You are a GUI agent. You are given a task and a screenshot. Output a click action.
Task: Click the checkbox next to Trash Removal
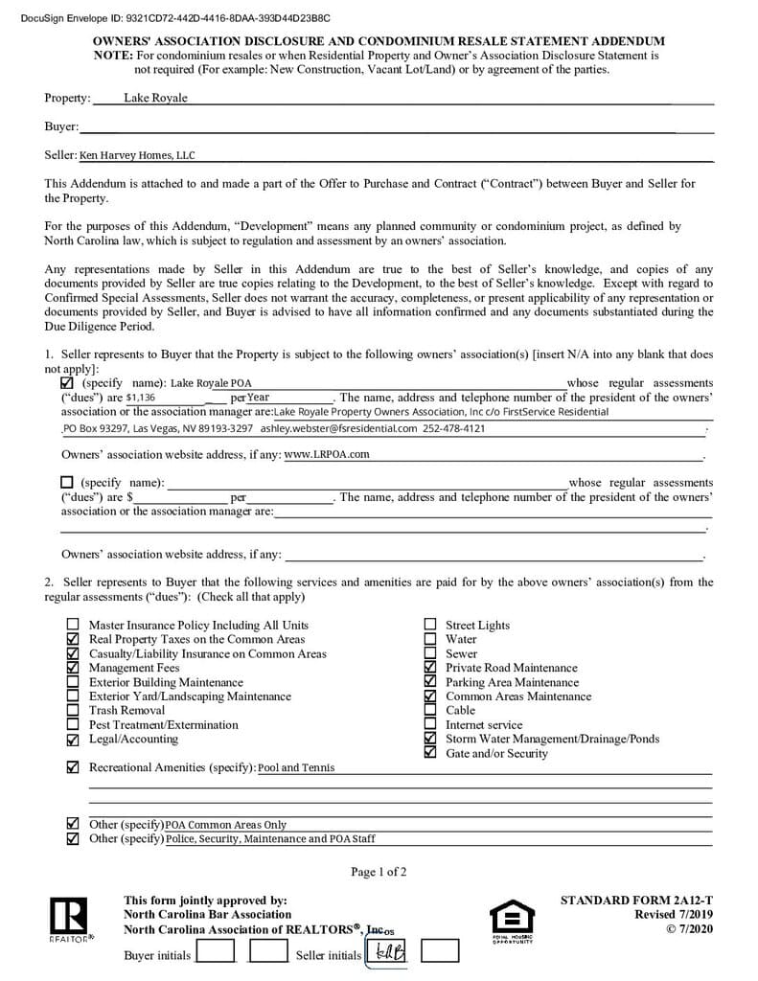coord(73,711)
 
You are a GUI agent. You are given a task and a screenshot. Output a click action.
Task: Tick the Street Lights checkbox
coord(429,626)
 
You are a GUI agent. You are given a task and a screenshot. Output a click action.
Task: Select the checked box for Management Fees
coord(73,668)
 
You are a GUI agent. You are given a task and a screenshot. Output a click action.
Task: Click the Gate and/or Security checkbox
coord(429,754)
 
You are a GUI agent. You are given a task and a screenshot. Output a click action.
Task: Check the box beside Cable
coord(429,711)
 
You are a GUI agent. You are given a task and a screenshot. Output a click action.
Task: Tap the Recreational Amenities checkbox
coord(73,768)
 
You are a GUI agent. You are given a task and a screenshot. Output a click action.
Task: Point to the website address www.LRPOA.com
coord(327,454)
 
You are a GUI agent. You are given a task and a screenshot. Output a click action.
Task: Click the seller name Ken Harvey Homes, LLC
coord(136,155)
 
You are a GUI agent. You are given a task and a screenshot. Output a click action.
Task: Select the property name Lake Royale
coord(155,98)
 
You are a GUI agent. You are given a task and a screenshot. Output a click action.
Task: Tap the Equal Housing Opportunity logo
coord(512,921)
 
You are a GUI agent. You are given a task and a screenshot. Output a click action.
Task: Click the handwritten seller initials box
coord(388,951)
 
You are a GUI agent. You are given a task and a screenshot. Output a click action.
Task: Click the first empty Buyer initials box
coord(215,951)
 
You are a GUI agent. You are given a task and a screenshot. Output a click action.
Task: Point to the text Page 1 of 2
coord(379,872)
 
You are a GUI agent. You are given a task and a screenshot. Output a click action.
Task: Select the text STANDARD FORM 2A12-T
coord(636,901)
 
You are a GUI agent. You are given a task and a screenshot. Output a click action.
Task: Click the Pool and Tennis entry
coord(296,768)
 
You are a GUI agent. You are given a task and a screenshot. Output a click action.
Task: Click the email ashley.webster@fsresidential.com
coord(338,428)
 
